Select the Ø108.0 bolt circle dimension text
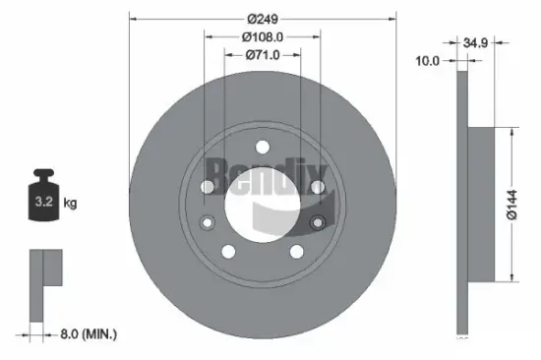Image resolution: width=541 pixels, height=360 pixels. tap(263, 37)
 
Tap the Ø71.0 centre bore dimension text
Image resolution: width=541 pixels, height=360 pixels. tap(263, 55)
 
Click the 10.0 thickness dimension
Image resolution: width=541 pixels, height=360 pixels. tap(426, 61)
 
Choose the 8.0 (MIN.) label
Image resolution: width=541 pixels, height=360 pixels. tap(87, 335)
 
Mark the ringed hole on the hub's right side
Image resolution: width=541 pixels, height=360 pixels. tap(317, 222)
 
